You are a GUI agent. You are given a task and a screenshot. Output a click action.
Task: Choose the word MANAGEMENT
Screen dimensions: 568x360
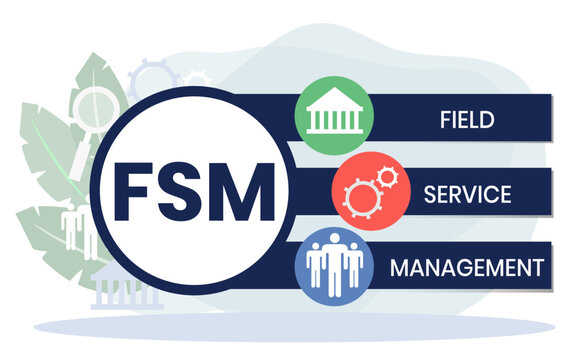coord(467,267)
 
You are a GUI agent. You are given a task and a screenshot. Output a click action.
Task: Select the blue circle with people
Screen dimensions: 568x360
coord(334,266)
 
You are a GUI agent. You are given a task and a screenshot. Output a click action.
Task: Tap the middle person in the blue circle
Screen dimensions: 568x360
coord(334,264)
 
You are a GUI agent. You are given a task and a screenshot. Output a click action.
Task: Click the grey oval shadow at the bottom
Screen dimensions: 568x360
coord(300,324)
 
